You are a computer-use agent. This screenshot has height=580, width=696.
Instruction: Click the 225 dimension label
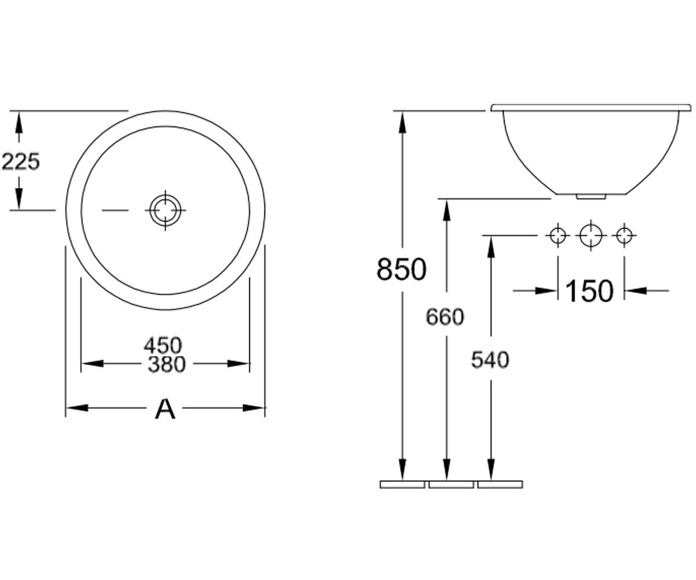tap(21, 161)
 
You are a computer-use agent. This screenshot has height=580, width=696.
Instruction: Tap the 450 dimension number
tap(163, 345)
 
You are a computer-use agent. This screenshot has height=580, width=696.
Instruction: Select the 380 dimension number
tap(166, 364)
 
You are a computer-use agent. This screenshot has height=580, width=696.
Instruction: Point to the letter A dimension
tap(165, 409)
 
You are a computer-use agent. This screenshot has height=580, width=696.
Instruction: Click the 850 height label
tap(401, 269)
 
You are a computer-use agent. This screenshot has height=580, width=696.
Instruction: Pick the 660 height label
tap(445, 317)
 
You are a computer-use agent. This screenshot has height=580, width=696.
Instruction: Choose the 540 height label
tap(490, 360)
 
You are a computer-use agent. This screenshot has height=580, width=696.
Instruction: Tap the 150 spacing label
tap(589, 291)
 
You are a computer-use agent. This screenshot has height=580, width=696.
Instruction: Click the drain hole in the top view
tap(165, 210)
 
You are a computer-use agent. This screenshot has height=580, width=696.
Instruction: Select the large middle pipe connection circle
tap(590, 235)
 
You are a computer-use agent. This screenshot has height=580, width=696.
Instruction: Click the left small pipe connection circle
tap(557, 235)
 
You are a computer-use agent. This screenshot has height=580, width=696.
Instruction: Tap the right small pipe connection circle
tap(624, 235)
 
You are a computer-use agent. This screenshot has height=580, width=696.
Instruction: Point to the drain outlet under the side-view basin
tap(590, 197)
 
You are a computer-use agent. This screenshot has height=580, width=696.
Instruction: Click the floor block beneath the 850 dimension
tap(403, 484)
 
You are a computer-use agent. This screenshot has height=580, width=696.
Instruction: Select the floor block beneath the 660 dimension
tap(451, 484)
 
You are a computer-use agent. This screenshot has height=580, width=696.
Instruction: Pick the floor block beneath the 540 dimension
tap(500, 484)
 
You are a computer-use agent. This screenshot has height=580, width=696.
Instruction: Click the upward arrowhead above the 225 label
tap(19, 122)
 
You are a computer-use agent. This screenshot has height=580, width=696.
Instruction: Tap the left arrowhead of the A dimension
tap(77, 408)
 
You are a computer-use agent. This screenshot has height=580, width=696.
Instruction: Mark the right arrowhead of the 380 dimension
tap(238, 363)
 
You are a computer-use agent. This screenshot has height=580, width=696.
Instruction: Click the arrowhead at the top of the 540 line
tap(490, 247)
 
